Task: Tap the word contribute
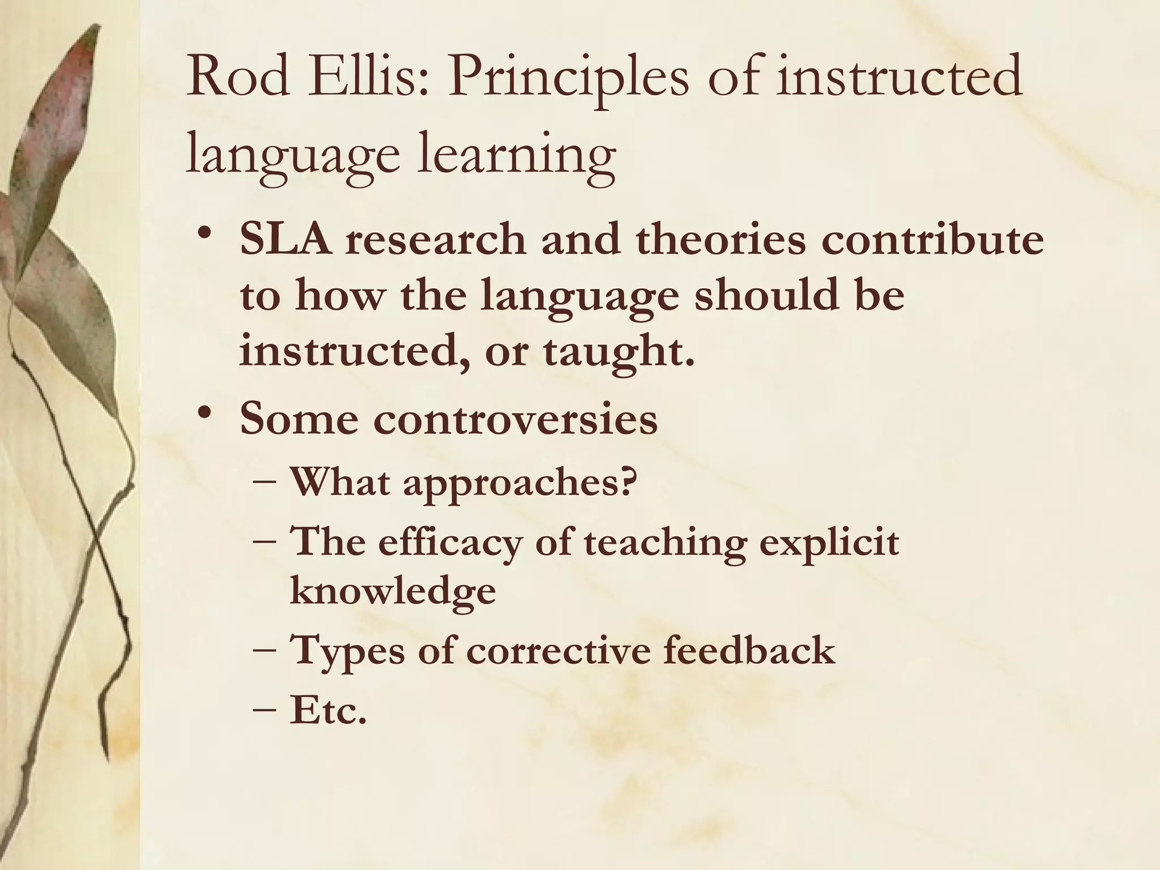pos(932,240)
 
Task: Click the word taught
pos(618,351)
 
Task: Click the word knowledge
pos(393,592)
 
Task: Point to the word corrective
pos(557,650)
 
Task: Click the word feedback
pos(748,650)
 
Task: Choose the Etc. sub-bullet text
pos(328,711)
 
